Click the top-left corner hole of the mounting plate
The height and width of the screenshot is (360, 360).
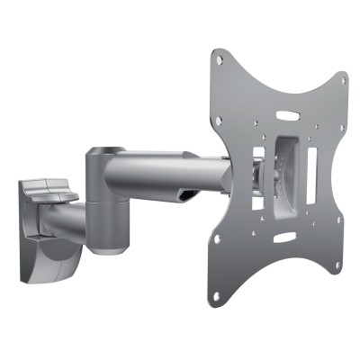218,58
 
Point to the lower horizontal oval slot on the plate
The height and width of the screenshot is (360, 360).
283,238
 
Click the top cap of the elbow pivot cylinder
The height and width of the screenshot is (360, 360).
105,152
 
